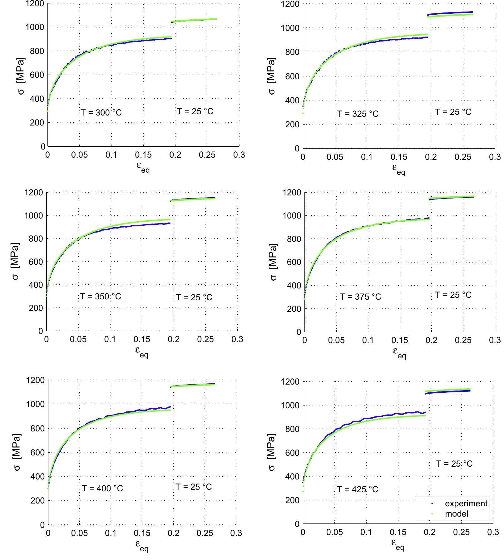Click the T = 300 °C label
[101, 112]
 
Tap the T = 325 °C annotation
[358, 114]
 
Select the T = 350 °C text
[100, 296]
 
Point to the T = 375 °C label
[360, 297]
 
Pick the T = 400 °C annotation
[102, 488]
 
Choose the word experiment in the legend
[466, 504]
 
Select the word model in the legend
[457, 513]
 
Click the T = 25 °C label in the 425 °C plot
[454, 464]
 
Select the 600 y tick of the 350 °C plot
[35, 262]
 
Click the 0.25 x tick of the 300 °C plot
[207, 155]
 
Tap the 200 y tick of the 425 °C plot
[293, 500]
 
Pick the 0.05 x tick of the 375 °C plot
[336, 340]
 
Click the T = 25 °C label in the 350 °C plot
[194, 297]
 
